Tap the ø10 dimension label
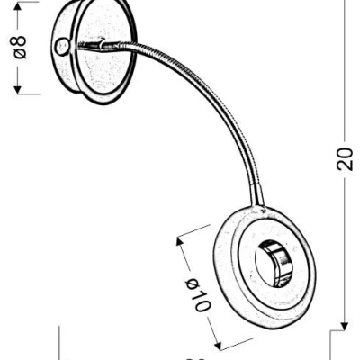click(197, 294)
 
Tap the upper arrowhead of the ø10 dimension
click(179, 237)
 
